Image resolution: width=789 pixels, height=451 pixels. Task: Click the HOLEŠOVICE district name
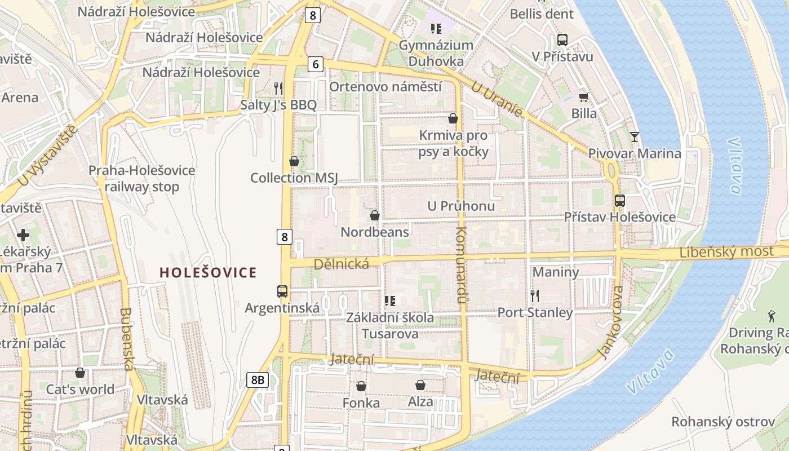pos(208,273)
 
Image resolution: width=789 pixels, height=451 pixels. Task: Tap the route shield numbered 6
pos(316,65)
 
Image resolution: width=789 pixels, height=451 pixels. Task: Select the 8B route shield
pos(257,380)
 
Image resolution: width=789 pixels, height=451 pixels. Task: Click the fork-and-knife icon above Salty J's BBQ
pos(278,88)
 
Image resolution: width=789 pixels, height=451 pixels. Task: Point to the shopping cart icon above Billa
pos(583,97)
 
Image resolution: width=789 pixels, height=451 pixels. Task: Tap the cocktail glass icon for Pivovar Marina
pos(635,136)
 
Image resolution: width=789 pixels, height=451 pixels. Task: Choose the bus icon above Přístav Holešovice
pos(619,200)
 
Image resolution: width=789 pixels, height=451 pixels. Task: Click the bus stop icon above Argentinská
pos(282,291)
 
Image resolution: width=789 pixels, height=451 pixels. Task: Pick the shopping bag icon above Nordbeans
pos(374,215)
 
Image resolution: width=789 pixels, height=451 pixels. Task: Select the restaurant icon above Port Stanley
pos(535,295)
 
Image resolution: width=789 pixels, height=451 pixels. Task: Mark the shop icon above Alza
pos(420,385)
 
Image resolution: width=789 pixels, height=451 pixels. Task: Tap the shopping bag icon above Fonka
pos(361,386)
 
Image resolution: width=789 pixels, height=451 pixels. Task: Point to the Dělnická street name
pos(341,263)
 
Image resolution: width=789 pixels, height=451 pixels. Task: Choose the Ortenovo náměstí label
pos(385,87)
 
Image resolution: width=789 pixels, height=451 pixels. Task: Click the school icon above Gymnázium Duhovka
pos(436,28)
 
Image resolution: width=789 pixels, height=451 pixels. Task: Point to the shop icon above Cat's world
pos(80,373)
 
